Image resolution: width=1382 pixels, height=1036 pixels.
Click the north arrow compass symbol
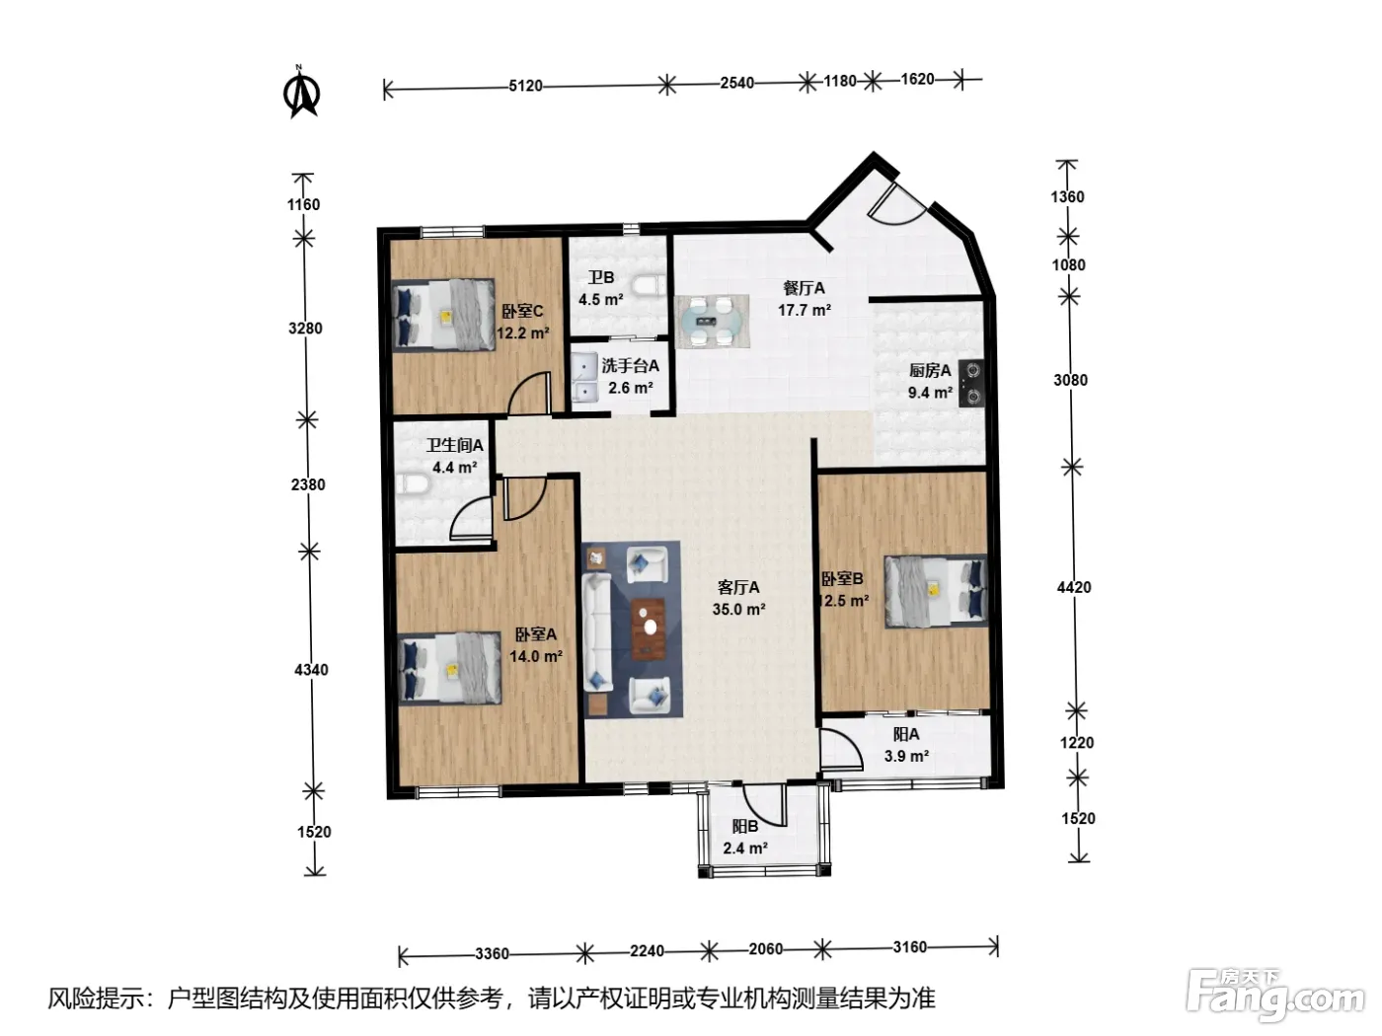click(302, 92)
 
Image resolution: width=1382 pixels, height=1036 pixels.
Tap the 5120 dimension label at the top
click(526, 86)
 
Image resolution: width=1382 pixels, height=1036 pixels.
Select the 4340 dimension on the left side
click(311, 670)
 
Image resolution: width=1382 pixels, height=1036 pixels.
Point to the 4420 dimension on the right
click(1074, 587)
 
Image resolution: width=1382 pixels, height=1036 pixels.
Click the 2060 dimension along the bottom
click(766, 948)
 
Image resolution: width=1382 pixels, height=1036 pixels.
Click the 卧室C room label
click(522, 312)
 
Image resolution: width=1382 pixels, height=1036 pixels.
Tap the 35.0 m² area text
click(738, 609)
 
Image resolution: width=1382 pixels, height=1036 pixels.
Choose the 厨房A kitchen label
click(930, 371)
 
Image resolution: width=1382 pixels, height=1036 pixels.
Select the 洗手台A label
click(630, 365)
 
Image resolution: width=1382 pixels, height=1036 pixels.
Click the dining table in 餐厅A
click(712, 322)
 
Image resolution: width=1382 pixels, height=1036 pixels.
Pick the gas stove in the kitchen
click(972, 384)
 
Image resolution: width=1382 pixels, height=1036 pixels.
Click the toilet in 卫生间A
click(413, 485)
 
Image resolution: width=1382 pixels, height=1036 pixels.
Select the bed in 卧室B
click(936, 591)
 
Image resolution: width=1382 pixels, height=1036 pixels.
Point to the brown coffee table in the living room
click(649, 629)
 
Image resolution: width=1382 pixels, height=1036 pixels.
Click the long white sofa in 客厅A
click(597, 631)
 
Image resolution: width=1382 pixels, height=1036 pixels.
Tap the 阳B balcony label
click(745, 826)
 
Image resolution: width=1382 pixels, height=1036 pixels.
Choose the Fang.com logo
click(1275, 998)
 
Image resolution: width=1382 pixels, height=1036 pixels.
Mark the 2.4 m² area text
click(745, 848)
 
